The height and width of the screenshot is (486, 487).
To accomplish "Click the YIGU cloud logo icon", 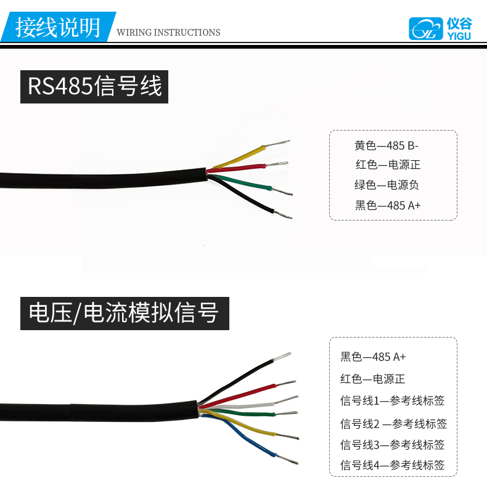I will pyautogui.click(x=426, y=28).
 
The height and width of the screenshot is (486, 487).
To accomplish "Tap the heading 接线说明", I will pyautogui.click(x=57, y=28).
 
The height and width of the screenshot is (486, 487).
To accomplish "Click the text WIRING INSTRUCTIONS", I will pyautogui.click(x=168, y=33).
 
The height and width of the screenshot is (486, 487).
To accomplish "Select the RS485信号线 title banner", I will pyautogui.click(x=94, y=86).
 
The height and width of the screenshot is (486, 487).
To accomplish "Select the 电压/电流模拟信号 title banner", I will pyautogui.click(x=124, y=313).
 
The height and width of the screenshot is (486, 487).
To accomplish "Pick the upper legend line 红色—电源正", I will pyautogui.click(x=388, y=165).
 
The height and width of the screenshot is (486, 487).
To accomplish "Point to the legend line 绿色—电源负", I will pyautogui.click(x=387, y=185).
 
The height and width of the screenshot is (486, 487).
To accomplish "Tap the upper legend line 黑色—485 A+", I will pyautogui.click(x=388, y=205).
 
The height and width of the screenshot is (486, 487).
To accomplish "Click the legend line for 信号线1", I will pyautogui.click(x=393, y=400).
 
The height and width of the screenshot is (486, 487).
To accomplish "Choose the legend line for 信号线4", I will pyautogui.click(x=393, y=465).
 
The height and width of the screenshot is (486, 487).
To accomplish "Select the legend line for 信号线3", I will pyautogui.click(x=393, y=444).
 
